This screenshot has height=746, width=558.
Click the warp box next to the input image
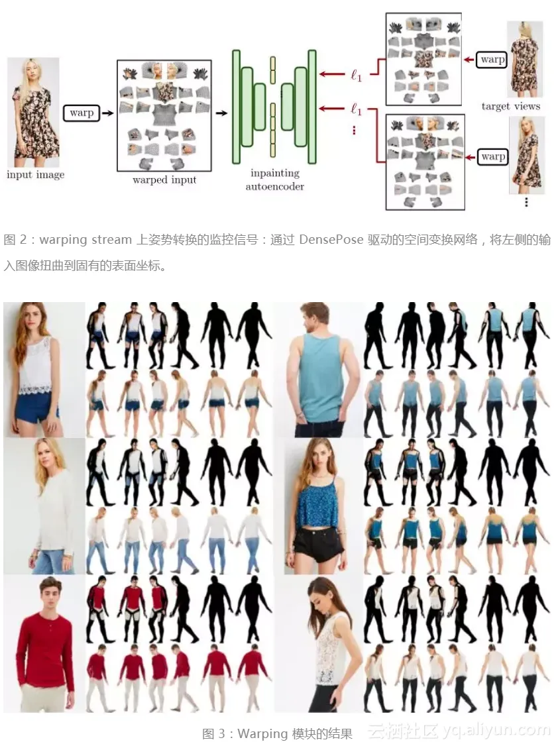[x=82, y=113]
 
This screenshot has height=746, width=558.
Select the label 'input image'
[x=35, y=175]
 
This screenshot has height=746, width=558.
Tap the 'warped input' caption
[x=164, y=180]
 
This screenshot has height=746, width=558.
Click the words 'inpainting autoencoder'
[x=274, y=180]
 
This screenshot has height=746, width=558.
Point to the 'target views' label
[x=511, y=106]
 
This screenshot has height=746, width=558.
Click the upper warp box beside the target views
[x=492, y=60]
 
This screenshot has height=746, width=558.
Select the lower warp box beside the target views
[x=492, y=156]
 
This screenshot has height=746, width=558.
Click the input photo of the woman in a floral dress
[x=33, y=112]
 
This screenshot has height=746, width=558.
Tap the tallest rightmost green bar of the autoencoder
[x=312, y=107]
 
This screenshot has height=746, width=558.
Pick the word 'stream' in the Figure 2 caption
[x=111, y=239]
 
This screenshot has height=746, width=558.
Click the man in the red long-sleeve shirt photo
[x=44, y=643]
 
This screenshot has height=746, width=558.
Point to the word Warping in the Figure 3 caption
[x=262, y=733]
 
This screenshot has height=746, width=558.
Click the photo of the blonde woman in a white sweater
[x=44, y=506]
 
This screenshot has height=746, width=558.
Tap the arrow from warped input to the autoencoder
[x=221, y=113]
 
